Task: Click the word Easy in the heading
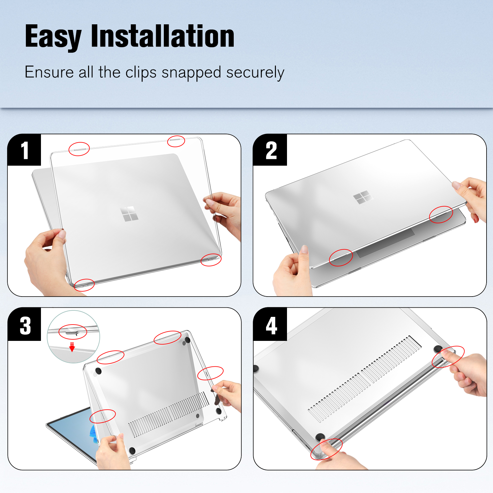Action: (53, 37)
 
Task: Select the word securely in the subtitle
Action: (255, 73)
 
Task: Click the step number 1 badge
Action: (24, 150)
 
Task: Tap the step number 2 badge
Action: (270, 150)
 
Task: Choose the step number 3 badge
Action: (24, 325)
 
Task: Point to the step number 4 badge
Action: (270, 325)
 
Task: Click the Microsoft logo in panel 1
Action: (129, 214)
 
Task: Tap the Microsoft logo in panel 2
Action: (363, 197)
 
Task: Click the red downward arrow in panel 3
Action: (72, 347)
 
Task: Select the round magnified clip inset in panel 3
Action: (73, 337)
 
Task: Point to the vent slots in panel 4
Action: (365, 378)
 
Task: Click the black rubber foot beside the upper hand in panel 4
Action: (438, 349)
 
